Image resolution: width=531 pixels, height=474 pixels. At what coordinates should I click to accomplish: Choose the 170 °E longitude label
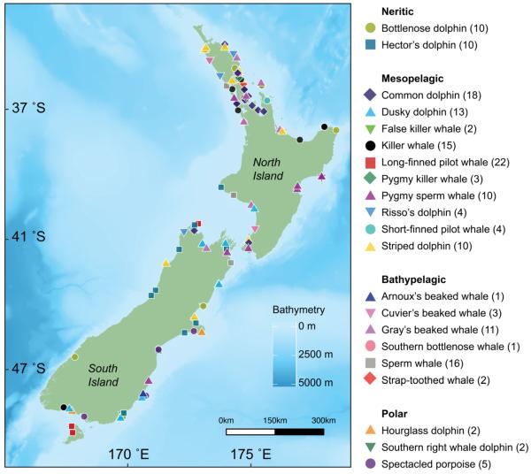click(x=129, y=456)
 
